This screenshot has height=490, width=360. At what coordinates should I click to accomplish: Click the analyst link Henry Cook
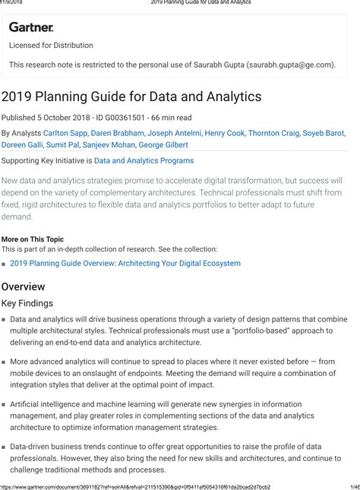click(225, 133)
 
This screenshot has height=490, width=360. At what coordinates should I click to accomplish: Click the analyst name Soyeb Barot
click(325, 133)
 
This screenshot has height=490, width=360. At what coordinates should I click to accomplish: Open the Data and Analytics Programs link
click(144, 161)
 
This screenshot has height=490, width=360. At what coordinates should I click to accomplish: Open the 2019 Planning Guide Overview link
click(125, 264)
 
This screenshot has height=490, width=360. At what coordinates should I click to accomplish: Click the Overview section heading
click(23, 286)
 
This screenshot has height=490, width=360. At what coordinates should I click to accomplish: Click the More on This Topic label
click(33, 239)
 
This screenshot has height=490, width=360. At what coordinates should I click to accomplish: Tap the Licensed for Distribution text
click(51, 46)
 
